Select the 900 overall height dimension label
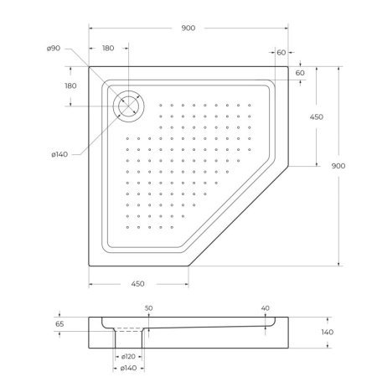tap(338, 166)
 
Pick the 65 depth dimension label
tap(59, 323)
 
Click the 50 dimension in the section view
tap(148, 308)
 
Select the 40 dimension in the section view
tap(265, 308)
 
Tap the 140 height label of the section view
tap(328, 333)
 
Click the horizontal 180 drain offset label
tap(108, 49)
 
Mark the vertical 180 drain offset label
tap(70, 85)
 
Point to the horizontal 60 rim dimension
tap(281, 53)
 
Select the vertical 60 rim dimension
tap(299, 73)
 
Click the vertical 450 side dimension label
tap(316, 117)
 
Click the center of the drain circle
tap(128, 105)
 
